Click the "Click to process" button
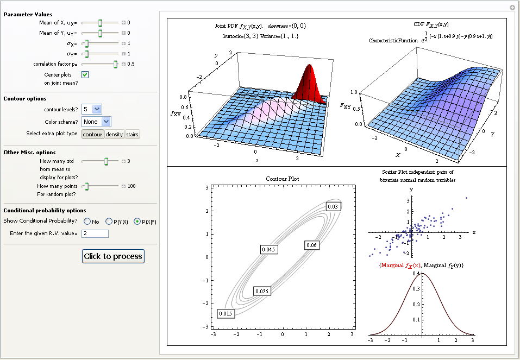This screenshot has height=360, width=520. click(113, 256)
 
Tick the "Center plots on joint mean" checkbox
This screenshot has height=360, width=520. click(85, 74)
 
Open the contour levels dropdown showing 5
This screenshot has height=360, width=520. click(91, 109)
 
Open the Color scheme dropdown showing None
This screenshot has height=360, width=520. click(96, 122)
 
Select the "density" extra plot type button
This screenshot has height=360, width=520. click(114, 134)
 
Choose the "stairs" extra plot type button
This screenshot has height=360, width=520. click(133, 134)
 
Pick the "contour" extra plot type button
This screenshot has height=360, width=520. click(92, 134)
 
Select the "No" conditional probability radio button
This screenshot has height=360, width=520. click(87, 222)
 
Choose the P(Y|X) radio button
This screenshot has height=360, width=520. click(109, 222)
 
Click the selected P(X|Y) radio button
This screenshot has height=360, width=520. click(137, 222)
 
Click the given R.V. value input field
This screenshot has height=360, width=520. click(95, 233)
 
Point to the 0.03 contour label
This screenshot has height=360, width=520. click(333, 206)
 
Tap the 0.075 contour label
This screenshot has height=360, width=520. click(262, 292)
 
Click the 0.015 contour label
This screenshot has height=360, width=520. click(226, 314)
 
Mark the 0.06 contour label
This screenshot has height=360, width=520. click(311, 245)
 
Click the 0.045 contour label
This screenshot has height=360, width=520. click(268, 250)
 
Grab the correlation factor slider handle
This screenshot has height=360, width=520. click(115, 64)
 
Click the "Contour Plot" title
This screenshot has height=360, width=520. click(282, 179)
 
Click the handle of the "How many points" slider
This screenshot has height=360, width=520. click(86, 186)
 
